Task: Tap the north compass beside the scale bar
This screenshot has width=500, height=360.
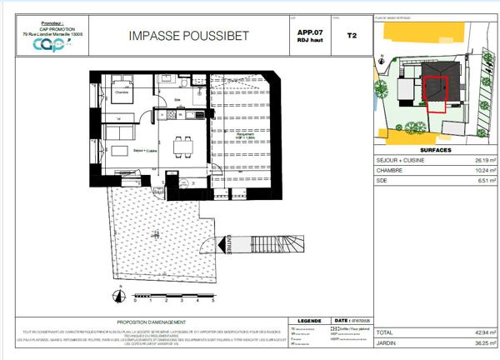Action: pos(121,296)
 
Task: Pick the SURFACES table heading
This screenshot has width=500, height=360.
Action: pos(437,151)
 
